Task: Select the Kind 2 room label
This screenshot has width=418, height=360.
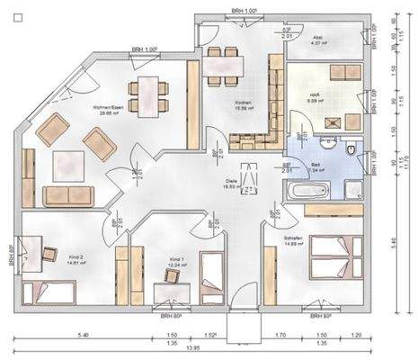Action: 76,260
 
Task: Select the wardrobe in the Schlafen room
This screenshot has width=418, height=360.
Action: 270,270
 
